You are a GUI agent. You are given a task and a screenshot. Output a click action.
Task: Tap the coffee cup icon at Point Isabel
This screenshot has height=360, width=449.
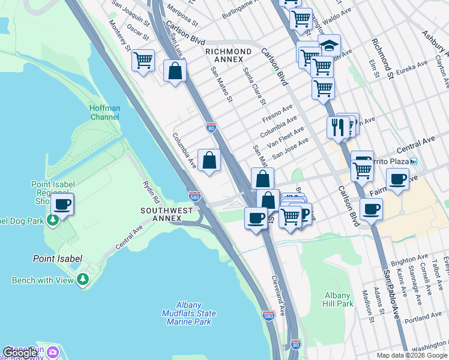[62, 205]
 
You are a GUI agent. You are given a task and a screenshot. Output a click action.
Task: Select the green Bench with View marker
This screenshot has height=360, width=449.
[83, 280]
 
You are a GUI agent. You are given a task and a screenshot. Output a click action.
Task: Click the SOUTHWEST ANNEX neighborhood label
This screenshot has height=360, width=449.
[167, 214]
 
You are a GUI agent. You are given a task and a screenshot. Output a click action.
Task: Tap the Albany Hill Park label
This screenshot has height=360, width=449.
[337, 299]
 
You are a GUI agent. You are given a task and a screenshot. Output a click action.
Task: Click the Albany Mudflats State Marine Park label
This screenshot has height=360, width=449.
[188, 313]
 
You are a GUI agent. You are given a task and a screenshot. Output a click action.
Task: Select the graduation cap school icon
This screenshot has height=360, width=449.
[329, 46]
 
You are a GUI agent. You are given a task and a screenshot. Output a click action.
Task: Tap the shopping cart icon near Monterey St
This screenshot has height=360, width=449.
[143, 61]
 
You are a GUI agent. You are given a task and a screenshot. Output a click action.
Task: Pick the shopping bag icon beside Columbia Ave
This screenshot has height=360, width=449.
[209, 160]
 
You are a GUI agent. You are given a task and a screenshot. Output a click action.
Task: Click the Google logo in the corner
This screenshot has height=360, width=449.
[20, 352]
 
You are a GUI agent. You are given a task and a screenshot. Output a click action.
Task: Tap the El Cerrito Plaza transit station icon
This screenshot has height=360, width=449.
[413, 161]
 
